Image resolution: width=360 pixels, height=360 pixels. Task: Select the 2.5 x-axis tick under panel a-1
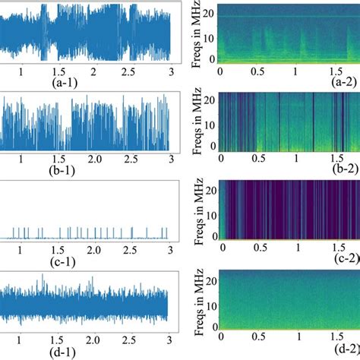tap(131, 71)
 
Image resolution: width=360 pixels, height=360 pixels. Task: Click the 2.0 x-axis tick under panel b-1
tap(94, 160)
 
